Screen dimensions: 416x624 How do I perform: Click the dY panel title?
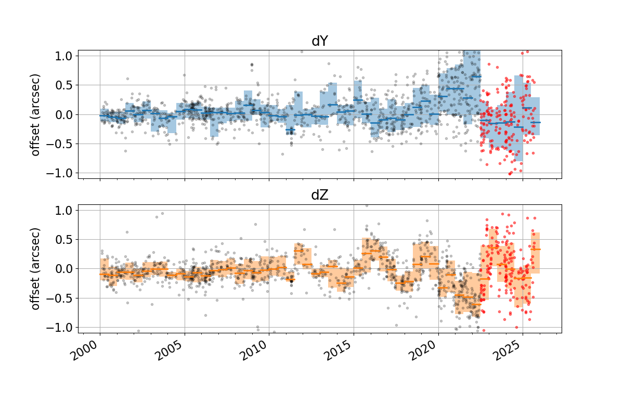click(x=319, y=42)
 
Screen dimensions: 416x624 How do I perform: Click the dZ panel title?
click(x=319, y=196)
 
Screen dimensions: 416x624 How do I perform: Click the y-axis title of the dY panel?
click(x=35, y=114)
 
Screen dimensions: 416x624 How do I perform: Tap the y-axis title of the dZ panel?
click(x=35, y=269)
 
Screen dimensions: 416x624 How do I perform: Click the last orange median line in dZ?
click(x=536, y=249)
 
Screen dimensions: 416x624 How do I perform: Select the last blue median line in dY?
click(x=536, y=122)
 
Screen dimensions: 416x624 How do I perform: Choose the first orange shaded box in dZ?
click(x=104, y=269)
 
